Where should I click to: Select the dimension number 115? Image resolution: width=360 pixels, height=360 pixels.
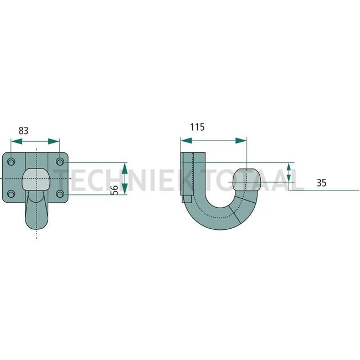click(x=197, y=127)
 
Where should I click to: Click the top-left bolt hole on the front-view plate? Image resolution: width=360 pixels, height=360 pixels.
click(x=12, y=161)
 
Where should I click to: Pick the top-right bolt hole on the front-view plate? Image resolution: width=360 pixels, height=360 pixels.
click(x=60, y=161)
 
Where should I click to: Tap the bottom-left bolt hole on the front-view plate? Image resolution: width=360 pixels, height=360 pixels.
click(x=12, y=194)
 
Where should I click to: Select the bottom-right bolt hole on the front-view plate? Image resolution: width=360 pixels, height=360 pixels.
click(x=60, y=194)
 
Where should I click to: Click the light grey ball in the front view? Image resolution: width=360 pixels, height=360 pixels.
click(x=37, y=179)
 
